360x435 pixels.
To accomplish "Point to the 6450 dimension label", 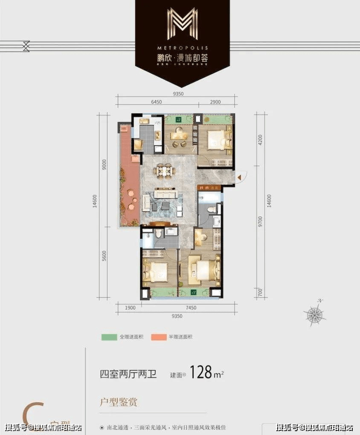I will click(157, 102).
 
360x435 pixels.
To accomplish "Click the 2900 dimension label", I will click(215, 102).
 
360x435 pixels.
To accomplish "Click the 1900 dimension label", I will click(131, 308).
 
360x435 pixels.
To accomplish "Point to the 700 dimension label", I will click(261, 293).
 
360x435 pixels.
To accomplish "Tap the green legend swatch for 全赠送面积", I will click(109, 336).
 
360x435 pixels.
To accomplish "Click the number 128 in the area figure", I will click(201, 372).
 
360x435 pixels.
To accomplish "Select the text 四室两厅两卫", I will click(128, 375).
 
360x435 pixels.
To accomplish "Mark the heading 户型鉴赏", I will click(119, 402).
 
